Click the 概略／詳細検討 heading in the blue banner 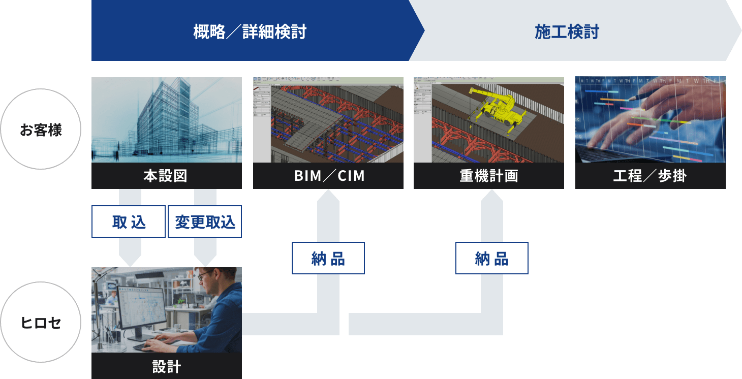click(x=250, y=32)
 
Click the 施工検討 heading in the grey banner click(x=567, y=32)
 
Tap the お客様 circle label click(x=41, y=130)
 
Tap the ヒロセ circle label click(x=41, y=323)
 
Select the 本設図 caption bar click(x=167, y=176)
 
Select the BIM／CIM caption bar click(x=328, y=176)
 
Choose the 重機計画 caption click(x=489, y=176)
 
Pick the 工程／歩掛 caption click(x=651, y=176)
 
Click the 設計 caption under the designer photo click(x=167, y=366)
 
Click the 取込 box click(x=129, y=222)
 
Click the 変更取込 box click(x=205, y=222)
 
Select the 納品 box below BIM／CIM click(x=328, y=258)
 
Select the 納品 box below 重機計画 click(x=492, y=258)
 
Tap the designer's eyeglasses click(x=206, y=275)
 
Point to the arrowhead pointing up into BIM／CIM click(x=328, y=195)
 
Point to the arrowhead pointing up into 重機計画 click(x=492, y=195)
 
